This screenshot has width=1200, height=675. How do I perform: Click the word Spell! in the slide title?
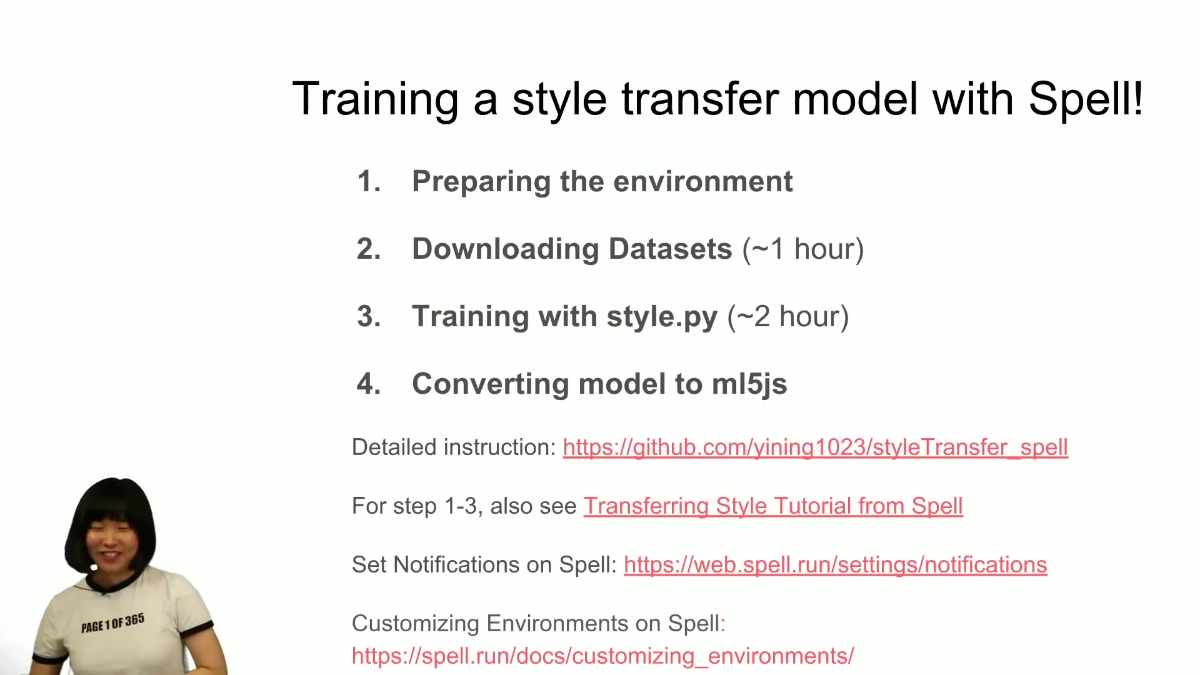pyautogui.click(x=1086, y=99)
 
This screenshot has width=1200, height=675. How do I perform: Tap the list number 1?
pyautogui.click(x=369, y=182)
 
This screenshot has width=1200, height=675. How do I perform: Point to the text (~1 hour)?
pyautogui.click(x=803, y=249)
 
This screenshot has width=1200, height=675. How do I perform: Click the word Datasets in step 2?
pyautogui.click(x=670, y=249)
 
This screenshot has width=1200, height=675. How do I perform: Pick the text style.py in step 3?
pyautogui.click(x=662, y=317)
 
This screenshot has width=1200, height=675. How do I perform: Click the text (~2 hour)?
pyautogui.click(x=788, y=316)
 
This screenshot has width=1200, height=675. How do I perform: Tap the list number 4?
pyautogui.click(x=369, y=384)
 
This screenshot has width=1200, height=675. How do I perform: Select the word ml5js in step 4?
pyautogui.click(x=749, y=384)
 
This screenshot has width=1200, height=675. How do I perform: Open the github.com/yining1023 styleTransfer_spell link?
pyautogui.click(x=816, y=447)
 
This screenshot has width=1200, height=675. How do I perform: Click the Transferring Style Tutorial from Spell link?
pyautogui.click(x=773, y=506)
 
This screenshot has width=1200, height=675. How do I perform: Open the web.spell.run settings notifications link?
pyautogui.click(x=836, y=565)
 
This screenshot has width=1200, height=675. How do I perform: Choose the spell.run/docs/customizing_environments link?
pyautogui.click(x=603, y=656)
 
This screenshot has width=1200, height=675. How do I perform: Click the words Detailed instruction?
pyautogui.click(x=454, y=447)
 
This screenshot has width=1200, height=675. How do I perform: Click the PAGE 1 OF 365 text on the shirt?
pyautogui.click(x=112, y=623)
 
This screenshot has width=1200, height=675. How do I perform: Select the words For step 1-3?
pyautogui.click(x=416, y=506)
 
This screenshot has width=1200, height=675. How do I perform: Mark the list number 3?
pyautogui.click(x=369, y=316)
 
